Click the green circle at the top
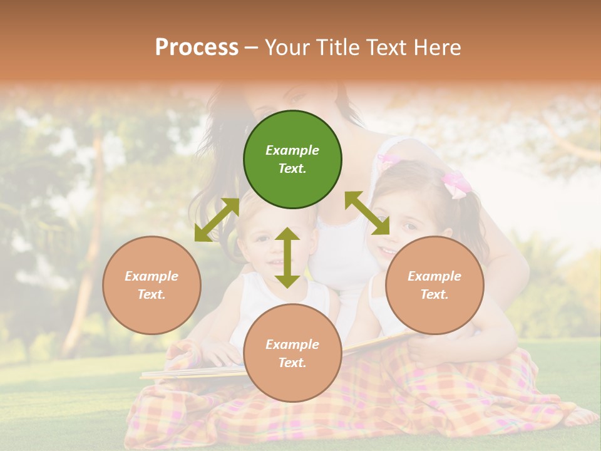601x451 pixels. tap(292, 160)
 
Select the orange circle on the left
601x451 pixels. tap(152, 285)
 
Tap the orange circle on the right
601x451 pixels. tap(434, 285)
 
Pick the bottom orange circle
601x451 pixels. tap(292, 353)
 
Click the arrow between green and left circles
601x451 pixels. tap(217, 220)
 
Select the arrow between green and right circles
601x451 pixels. tap(367, 213)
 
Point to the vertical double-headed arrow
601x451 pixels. tap(287, 257)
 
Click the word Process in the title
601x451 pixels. tap(197, 47)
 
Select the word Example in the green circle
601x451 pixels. tap(292, 150)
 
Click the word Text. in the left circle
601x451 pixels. tap(152, 294)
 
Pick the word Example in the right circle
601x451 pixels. tap(434, 276)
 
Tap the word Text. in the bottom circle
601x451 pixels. tap(292, 363)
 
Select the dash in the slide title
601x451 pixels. tap(252, 48)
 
